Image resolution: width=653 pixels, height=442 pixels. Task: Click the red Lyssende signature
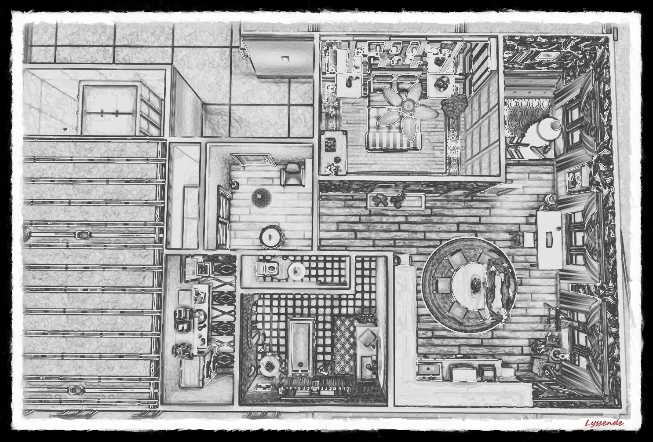(603, 423)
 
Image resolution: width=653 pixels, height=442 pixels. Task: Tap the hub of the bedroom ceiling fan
(409, 104)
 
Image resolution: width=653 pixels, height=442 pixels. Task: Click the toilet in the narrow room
(266, 268)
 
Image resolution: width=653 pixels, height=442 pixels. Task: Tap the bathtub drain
(300, 365)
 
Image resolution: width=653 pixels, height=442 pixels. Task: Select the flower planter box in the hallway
(397, 201)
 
